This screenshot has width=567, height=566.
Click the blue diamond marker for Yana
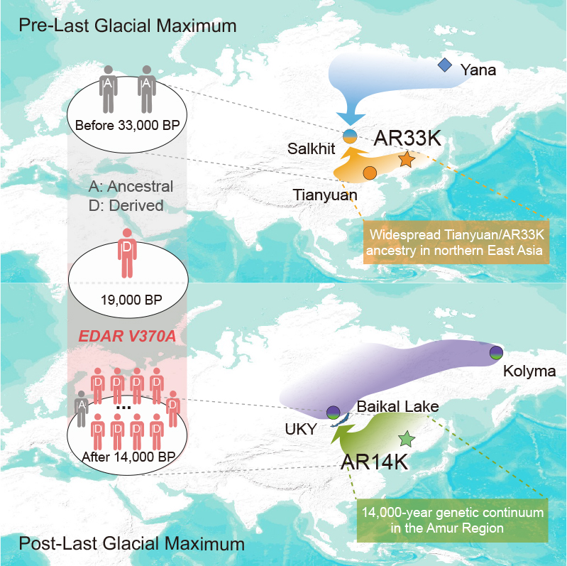(445, 65)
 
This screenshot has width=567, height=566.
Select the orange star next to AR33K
(406, 160)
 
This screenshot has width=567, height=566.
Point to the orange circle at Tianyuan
(369, 173)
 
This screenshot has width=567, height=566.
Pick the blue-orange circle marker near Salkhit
(349, 135)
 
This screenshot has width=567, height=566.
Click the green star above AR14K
(406, 438)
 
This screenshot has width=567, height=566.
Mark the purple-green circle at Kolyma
(496, 352)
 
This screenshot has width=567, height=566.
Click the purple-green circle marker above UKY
(332, 412)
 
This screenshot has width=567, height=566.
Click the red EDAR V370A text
(128, 333)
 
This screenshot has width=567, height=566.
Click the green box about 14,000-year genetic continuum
(451, 521)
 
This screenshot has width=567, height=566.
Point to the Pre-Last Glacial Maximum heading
(128, 27)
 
